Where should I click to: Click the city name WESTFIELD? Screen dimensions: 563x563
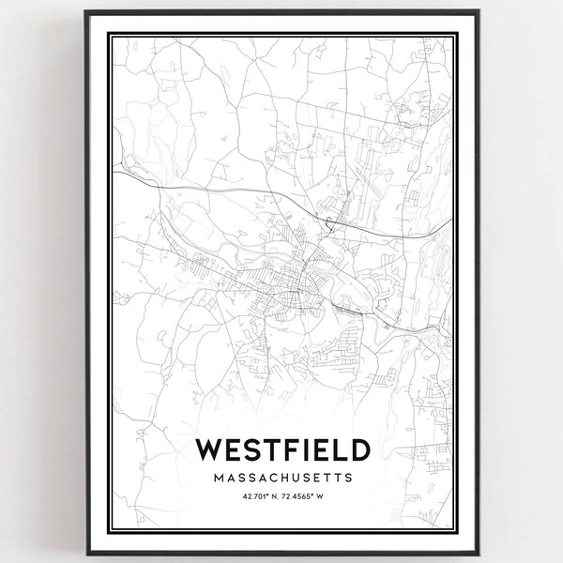281,449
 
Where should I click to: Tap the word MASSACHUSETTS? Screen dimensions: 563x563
281,478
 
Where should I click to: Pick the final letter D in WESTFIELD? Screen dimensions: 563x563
358,449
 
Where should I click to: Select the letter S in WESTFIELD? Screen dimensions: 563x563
250,449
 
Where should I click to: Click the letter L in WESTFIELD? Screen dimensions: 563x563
336,449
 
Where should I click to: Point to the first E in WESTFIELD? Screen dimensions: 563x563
231,449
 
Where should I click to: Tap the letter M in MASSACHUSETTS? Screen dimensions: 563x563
218,478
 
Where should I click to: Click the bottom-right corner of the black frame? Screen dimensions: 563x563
479,554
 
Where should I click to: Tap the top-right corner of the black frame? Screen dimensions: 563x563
479,10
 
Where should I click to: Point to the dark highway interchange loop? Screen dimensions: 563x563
330,221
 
